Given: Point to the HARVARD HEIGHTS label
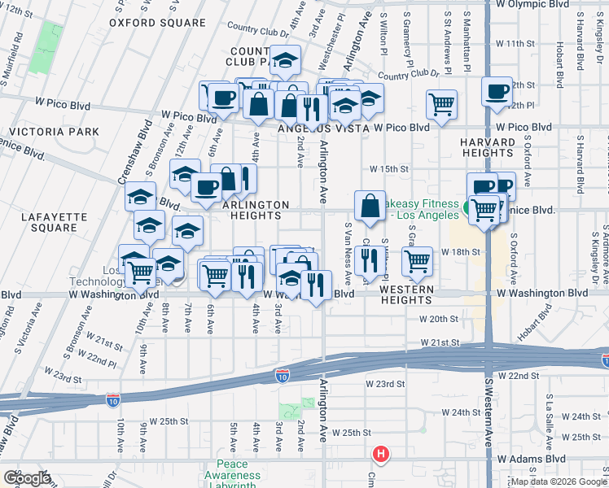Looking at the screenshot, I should (488, 148).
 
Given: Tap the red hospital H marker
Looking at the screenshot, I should (379, 454).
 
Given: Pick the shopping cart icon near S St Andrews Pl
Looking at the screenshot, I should (441, 104).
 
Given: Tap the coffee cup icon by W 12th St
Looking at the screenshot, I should (496, 91).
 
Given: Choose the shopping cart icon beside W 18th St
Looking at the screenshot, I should (417, 261).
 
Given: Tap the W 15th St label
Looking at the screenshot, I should (387, 168).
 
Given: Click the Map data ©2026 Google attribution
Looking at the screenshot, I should (558, 481).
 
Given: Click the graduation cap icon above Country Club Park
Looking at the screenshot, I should (285, 59).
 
